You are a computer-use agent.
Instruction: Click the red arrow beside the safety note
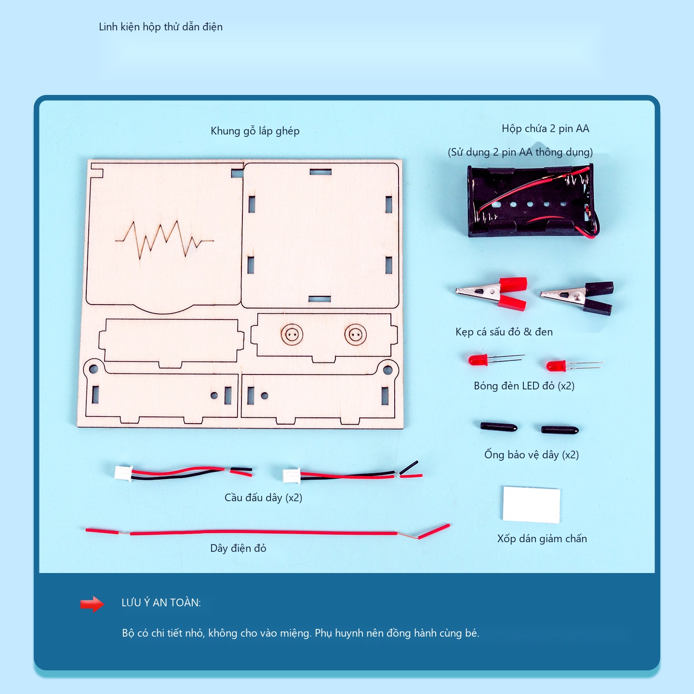92,604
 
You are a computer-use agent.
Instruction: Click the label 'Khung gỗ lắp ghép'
255,131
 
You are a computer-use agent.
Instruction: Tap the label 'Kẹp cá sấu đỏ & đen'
504,332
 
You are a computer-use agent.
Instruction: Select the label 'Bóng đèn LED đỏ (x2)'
524,386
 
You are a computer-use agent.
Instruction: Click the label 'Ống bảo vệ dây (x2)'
532,454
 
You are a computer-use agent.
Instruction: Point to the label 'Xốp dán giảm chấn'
542,538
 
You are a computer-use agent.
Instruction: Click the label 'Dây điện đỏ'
238,548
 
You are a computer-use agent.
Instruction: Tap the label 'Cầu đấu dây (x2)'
263,497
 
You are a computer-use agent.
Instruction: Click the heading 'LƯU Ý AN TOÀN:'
161,602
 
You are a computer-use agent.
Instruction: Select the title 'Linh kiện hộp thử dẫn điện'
160,27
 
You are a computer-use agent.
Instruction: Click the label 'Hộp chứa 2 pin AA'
545,129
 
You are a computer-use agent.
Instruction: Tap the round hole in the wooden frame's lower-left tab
93,369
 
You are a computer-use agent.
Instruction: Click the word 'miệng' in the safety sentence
295,633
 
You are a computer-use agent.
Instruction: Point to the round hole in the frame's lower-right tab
387,370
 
